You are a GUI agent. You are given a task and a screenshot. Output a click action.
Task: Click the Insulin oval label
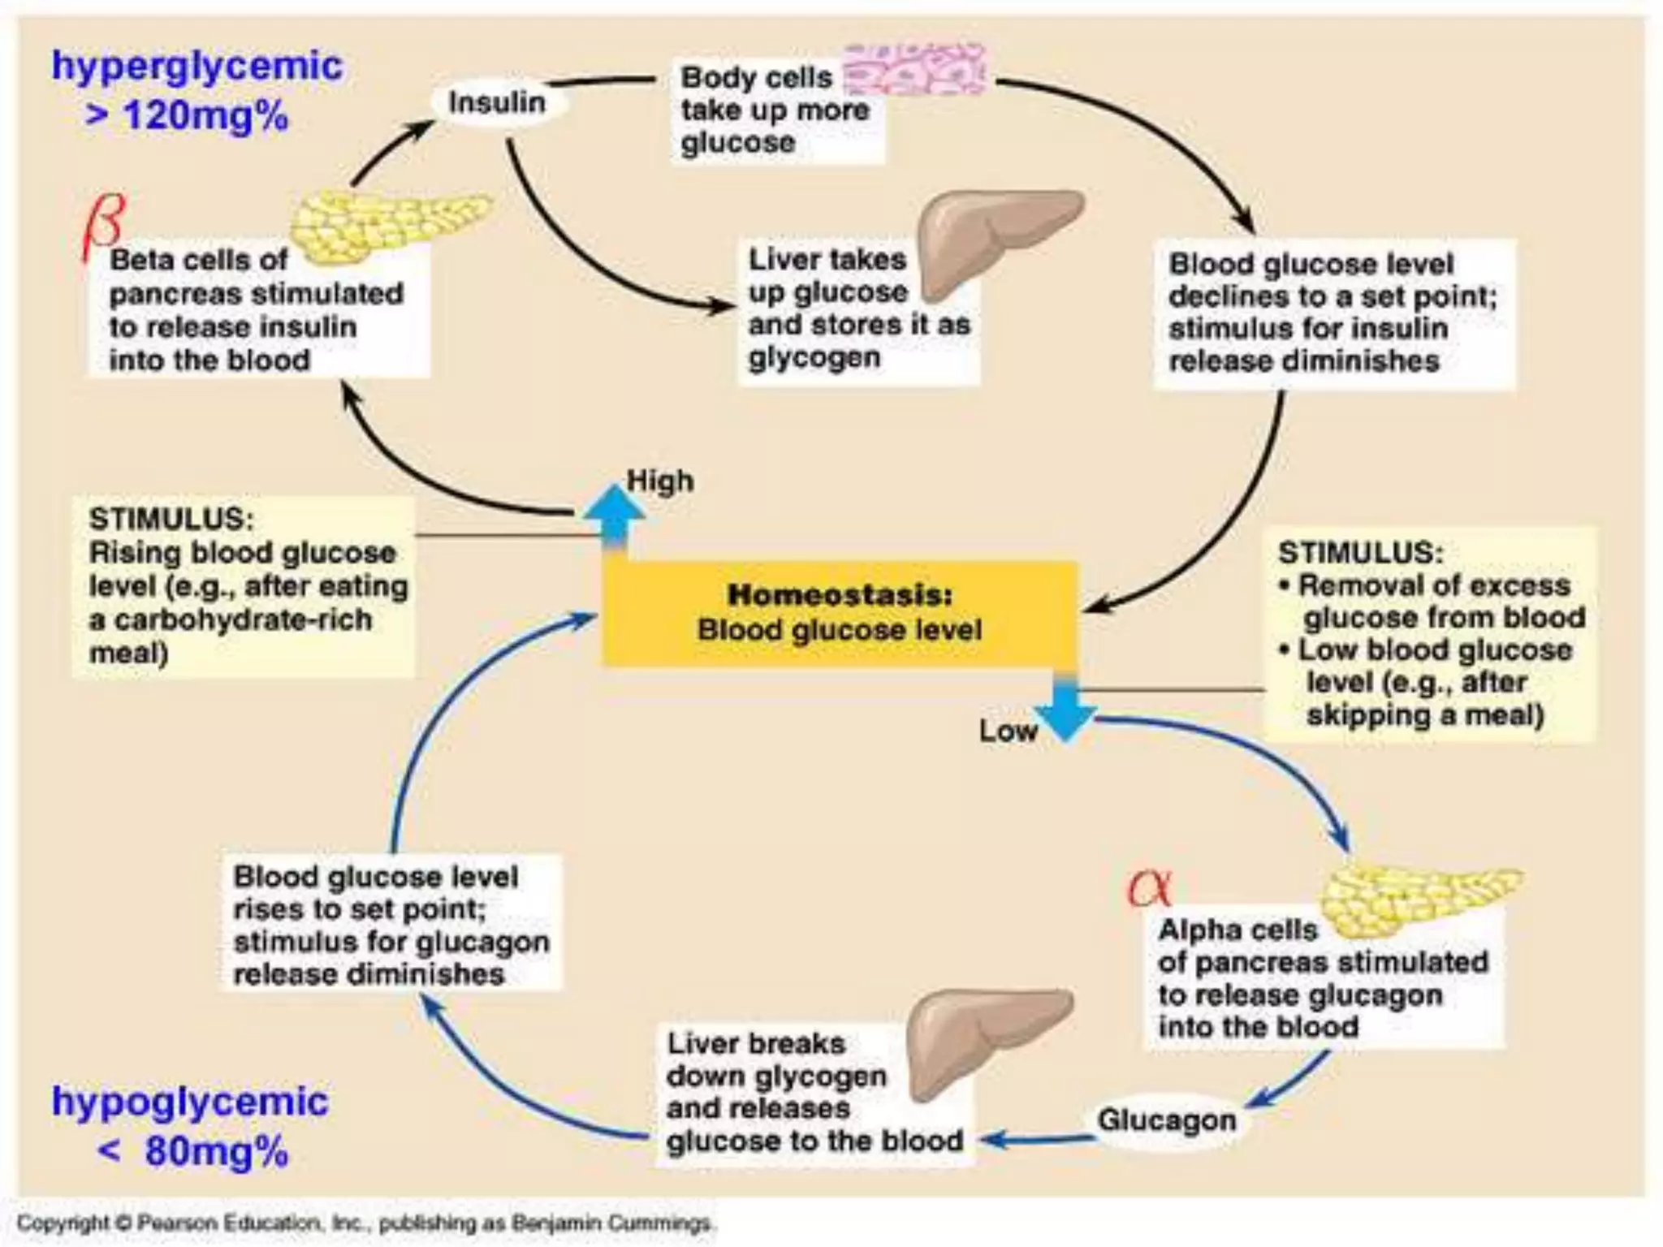click(497, 103)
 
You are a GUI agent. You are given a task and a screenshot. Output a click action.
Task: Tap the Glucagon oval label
click(1166, 1120)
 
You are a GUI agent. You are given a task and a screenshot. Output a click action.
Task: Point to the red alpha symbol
click(1149, 888)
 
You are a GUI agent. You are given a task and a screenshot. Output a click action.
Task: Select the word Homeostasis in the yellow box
click(839, 594)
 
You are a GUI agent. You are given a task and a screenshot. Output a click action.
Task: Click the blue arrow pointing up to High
click(614, 515)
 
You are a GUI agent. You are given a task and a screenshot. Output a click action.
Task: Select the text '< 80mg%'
click(192, 1152)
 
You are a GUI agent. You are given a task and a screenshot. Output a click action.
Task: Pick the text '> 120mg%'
click(187, 116)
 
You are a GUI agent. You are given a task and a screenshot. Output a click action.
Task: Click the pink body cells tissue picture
click(915, 68)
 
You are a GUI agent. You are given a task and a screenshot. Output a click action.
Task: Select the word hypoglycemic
click(190, 1102)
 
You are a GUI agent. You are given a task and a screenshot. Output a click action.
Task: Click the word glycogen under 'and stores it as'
click(814, 357)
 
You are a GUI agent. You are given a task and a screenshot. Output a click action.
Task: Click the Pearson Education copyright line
click(365, 1223)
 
